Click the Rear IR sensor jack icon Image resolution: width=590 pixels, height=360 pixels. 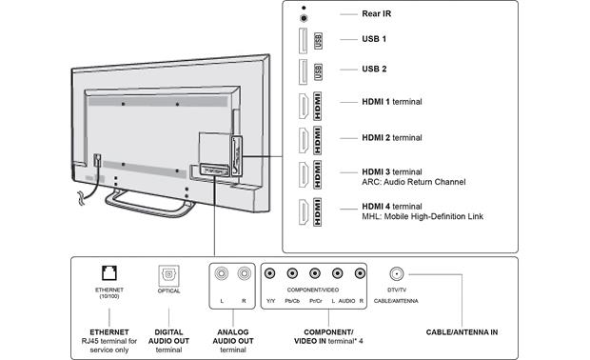(304, 18)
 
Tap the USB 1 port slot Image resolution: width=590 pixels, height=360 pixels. (303, 41)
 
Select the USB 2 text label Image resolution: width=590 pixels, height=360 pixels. (374, 69)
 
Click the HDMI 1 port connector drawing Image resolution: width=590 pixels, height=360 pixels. (304, 106)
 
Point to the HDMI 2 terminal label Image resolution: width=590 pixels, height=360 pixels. (392, 138)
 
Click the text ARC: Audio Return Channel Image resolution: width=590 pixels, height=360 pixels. (414, 182)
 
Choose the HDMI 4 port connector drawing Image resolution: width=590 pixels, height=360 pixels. (304, 212)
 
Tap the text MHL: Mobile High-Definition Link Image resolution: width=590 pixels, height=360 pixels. (423, 216)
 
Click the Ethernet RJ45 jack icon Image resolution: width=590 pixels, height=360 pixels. (109, 273)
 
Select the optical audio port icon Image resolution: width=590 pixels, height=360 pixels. (168, 275)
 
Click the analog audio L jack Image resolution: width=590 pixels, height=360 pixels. (221, 273)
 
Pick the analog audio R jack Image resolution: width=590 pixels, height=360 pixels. (245, 273)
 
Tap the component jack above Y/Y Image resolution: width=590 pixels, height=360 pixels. (270, 273)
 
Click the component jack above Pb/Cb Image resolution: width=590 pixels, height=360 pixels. (292, 273)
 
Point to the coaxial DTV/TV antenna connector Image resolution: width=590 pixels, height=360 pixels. (397, 273)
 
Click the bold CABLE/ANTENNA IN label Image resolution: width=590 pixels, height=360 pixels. (462, 332)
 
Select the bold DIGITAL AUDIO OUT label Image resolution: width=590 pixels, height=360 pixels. (168, 336)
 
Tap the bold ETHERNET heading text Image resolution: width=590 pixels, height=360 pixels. (109, 332)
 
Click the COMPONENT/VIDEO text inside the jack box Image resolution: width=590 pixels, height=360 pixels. (313, 290)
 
